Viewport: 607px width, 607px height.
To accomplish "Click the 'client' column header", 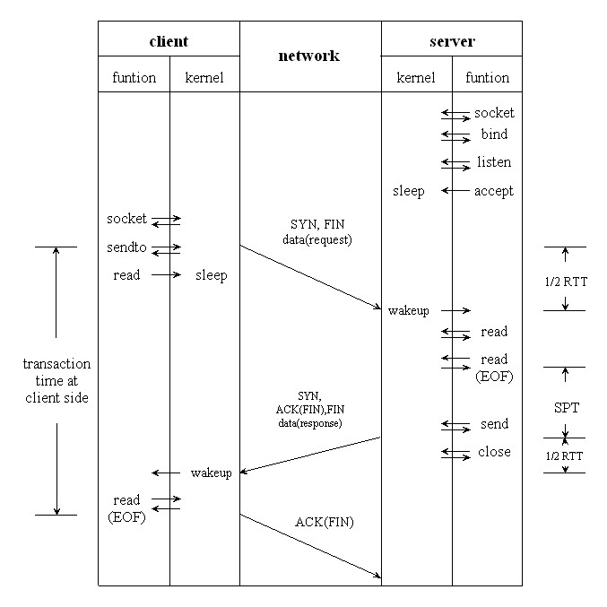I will (x=169, y=41).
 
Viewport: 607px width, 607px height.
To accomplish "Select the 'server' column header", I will (x=452, y=41).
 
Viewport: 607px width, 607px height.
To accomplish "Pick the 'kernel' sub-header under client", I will (x=204, y=78).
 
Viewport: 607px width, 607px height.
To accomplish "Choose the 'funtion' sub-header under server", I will (x=487, y=78).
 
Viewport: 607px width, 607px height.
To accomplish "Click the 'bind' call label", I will (x=494, y=134).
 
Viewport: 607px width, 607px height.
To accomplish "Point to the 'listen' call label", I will (x=494, y=162).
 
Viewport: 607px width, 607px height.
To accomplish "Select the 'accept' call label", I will (x=494, y=191).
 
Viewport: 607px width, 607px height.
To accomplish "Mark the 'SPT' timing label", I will (x=567, y=408).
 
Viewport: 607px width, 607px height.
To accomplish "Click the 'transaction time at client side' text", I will (x=56, y=380).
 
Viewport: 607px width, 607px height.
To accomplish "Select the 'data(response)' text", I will (x=309, y=421).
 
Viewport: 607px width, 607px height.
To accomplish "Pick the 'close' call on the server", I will (x=494, y=452).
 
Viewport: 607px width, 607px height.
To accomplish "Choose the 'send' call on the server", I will (x=494, y=424).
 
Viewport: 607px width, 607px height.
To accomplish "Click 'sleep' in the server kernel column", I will (x=408, y=191).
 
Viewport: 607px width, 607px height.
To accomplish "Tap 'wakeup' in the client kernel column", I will (x=212, y=473).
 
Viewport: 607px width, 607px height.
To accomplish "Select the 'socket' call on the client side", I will (x=126, y=219).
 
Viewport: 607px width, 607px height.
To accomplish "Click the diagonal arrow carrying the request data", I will (x=310, y=277).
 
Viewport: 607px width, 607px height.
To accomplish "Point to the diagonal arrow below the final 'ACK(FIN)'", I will (x=310, y=546).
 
